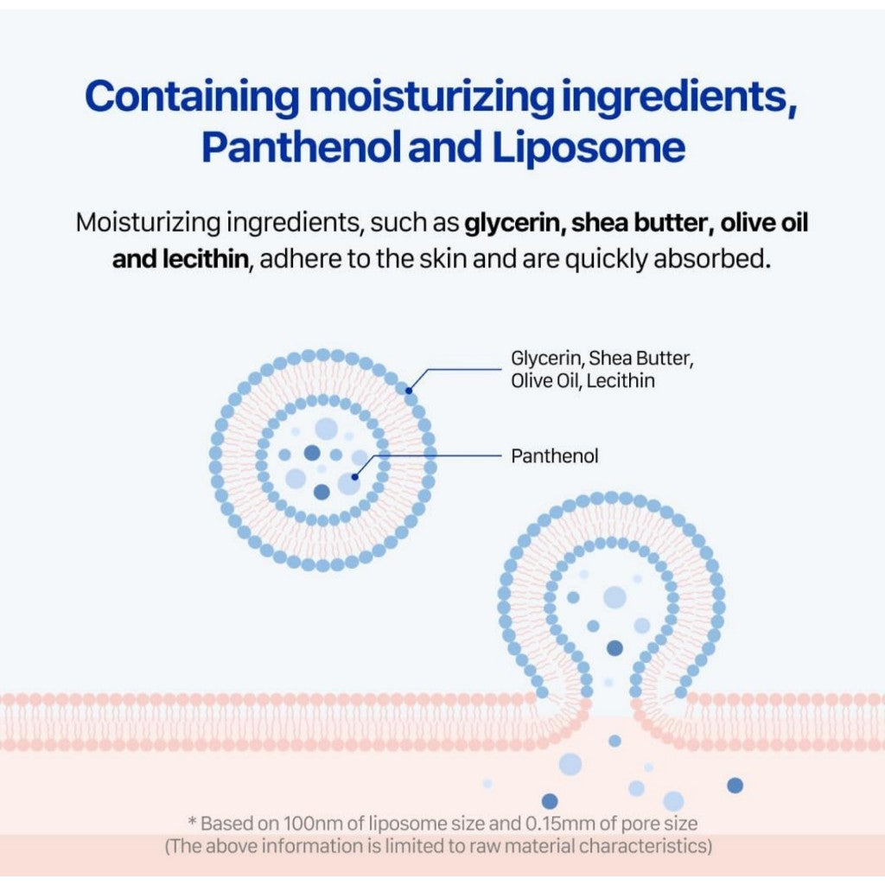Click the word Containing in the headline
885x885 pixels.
coord(192,97)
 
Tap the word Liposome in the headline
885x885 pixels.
coord(589,147)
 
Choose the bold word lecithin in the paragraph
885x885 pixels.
coord(206,258)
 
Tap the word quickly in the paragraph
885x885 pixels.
coord(606,259)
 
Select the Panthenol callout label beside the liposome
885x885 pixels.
coord(554,455)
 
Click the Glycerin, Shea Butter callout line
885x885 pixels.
coord(602,359)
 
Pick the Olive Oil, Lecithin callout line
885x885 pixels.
coord(583,381)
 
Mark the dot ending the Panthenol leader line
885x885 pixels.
coord(354,477)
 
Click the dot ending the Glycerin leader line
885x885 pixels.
coord(409,390)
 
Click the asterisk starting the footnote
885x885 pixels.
coord(192,821)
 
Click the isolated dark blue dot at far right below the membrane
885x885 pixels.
coord(735,785)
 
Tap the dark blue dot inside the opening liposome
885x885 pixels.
coord(614,648)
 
